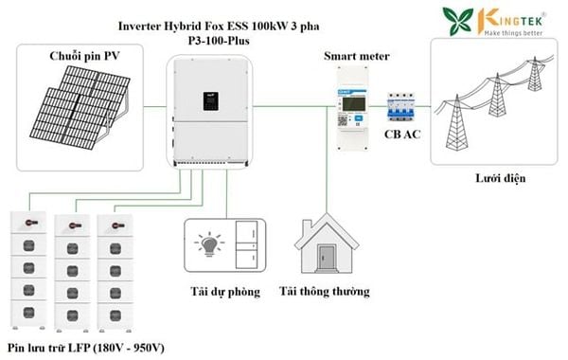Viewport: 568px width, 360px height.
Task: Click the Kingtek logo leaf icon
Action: point(458,21)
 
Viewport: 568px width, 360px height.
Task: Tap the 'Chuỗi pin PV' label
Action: point(84,56)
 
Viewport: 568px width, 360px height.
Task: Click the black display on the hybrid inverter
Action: point(210,101)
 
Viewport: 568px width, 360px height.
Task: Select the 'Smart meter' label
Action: point(357,56)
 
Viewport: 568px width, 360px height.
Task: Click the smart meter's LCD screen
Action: point(353,104)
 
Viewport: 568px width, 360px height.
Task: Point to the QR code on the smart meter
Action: point(343,120)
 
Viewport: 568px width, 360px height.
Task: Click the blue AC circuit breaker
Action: point(400,107)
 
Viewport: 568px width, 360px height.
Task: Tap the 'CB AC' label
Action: point(402,135)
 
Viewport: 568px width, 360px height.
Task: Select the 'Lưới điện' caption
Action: point(500,178)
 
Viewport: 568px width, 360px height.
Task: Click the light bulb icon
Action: point(209,244)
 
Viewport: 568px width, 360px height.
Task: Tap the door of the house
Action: point(327,258)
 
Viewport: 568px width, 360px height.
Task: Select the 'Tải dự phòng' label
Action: point(225,292)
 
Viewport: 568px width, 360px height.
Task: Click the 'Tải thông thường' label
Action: point(324,292)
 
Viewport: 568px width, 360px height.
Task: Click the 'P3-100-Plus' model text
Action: point(219,41)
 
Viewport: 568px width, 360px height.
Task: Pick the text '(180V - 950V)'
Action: point(129,348)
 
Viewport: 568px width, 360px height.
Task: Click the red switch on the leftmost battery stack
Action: point(31,223)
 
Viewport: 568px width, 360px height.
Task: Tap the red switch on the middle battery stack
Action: point(74,225)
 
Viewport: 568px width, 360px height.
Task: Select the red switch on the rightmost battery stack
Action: point(117,225)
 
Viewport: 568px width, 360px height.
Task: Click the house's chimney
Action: point(307,228)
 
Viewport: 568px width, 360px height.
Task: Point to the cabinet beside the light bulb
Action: point(246,245)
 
